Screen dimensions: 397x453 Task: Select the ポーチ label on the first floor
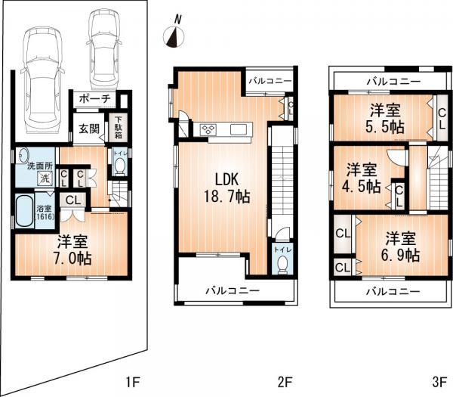pyautogui.click(x=94, y=98)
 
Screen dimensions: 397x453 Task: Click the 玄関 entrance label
pyautogui.click(x=89, y=129)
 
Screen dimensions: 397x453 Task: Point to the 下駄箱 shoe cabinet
pyautogui.click(x=119, y=128)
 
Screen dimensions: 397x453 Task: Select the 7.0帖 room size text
pyautogui.click(x=73, y=250)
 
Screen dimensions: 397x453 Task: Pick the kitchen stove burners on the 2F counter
pyautogui.click(x=208, y=130)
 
